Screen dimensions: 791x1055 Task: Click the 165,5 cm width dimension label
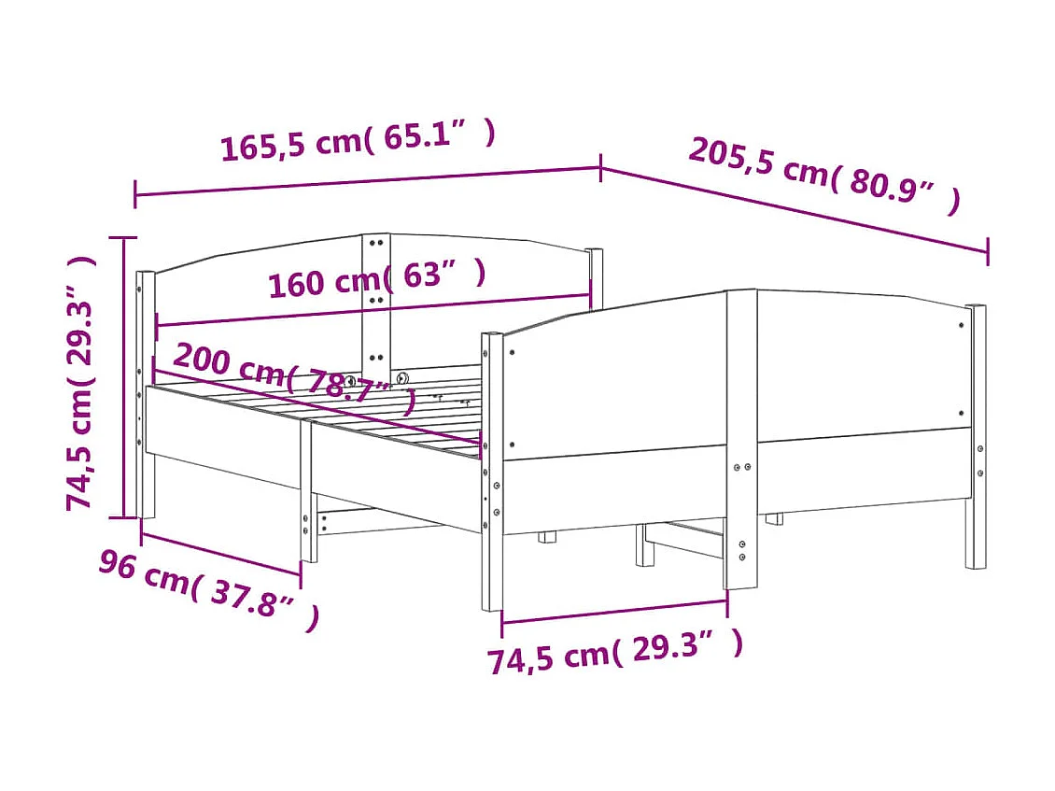click(358, 141)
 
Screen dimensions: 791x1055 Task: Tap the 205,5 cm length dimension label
click(823, 176)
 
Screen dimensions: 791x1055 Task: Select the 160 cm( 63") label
click(377, 279)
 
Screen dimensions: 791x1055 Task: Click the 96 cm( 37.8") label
click(209, 589)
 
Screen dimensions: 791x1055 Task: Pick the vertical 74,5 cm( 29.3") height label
click(81, 383)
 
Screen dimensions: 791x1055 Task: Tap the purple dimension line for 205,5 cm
click(794, 210)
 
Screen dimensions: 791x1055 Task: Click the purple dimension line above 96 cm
click(221, 553)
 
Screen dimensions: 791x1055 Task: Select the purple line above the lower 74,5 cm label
click(614, 613)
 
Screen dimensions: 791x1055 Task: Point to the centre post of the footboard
click(741, 439)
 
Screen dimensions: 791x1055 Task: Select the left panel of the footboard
click(616, 383)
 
